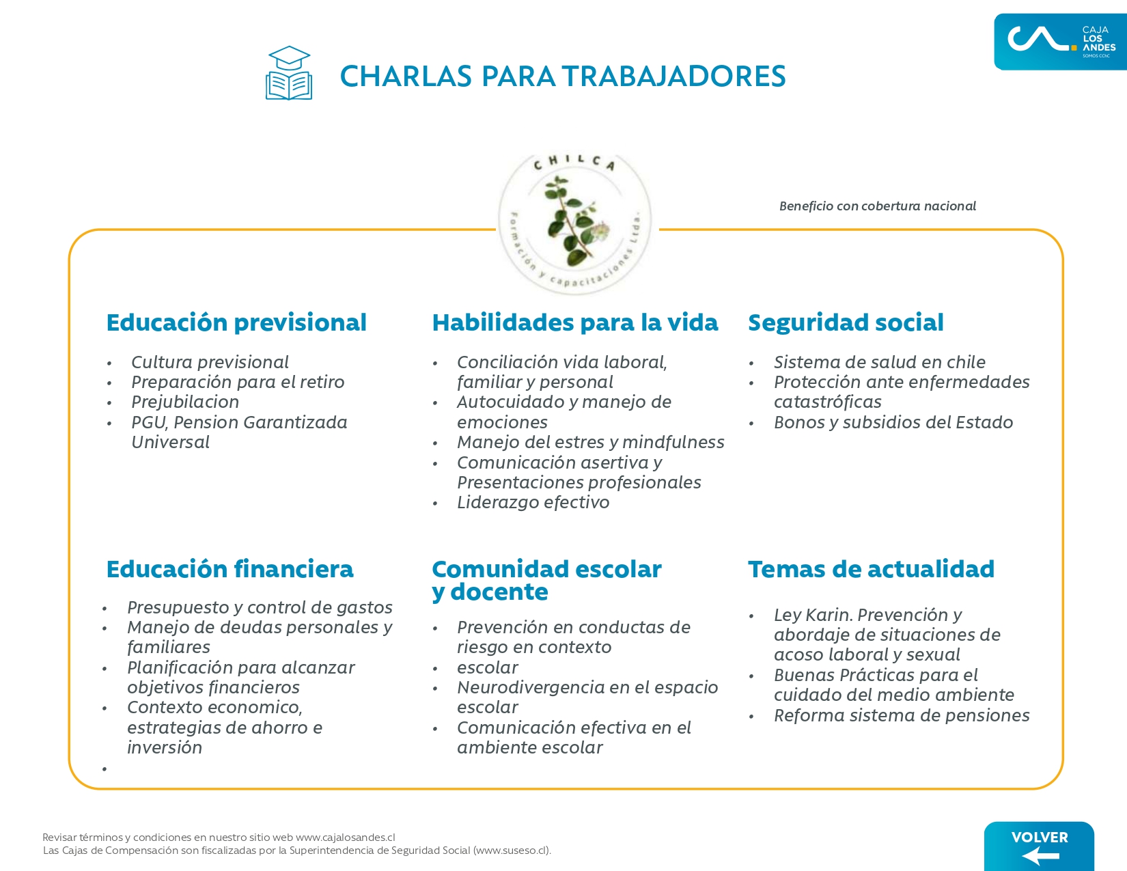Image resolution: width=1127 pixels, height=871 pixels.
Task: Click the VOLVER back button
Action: [1039, 846]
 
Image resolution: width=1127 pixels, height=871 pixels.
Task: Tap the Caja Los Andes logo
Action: [1059, 42]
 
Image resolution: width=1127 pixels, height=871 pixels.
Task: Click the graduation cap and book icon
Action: [288, 74]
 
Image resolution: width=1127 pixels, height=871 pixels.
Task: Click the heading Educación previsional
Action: [236, 322]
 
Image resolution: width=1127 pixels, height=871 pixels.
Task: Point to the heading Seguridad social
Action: [846, 322]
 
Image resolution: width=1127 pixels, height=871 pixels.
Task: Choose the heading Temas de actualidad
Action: [871, 569]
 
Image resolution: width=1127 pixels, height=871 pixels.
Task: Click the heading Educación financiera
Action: [229, 569]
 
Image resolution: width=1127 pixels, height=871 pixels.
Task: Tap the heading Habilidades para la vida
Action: [575, 322]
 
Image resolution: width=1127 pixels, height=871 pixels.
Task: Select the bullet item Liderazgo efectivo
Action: [533, 503]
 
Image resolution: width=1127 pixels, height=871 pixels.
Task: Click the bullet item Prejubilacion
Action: [185, 402]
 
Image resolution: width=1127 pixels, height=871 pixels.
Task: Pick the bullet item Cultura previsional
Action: [210, 362]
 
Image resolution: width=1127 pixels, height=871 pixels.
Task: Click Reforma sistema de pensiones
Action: [902, 715]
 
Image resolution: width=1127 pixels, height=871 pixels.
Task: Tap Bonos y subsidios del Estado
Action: [893, 422]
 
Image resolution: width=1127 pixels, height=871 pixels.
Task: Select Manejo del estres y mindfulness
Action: [590, 442]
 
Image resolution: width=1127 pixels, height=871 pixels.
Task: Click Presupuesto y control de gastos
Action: [260, 607]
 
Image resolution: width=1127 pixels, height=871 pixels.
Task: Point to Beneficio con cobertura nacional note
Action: [878, 206]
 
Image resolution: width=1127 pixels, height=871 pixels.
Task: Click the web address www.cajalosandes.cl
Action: [346, 838]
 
